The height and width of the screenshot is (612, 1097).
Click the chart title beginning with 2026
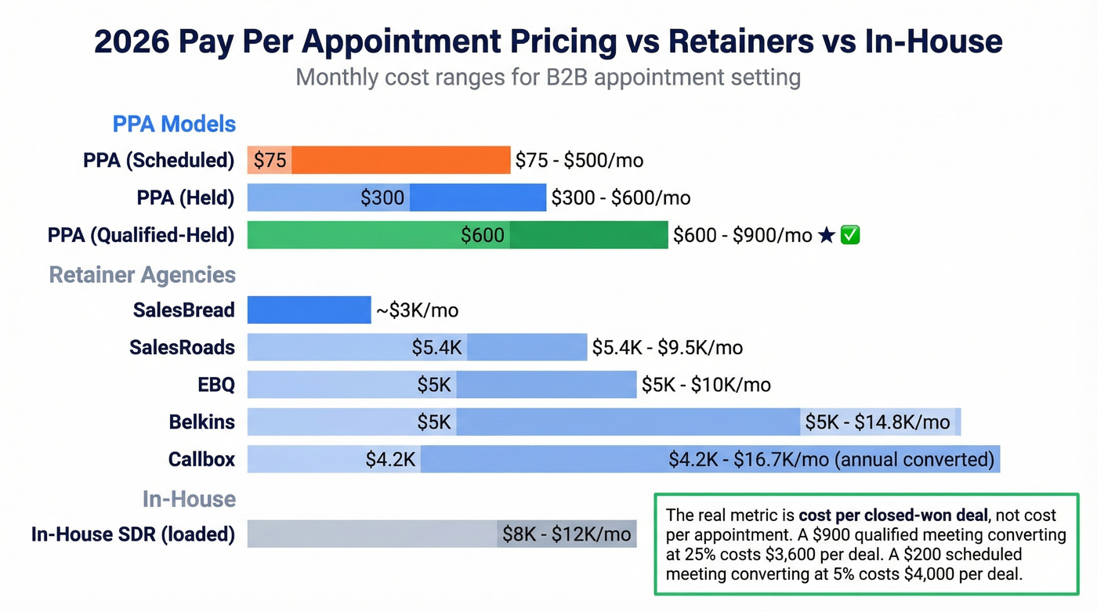(548, 41)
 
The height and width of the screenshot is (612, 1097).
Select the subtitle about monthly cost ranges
(548, 78)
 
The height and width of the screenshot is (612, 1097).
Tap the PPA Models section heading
(174, 124)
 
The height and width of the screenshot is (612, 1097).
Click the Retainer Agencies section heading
(142, 275)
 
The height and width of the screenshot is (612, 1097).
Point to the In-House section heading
(189, 499)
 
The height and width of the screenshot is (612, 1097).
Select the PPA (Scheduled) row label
(159, 161)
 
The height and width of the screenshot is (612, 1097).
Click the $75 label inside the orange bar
(270, 161)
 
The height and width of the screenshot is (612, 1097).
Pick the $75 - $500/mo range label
(579, 161)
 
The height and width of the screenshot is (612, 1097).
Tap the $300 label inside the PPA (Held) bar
(382, 198)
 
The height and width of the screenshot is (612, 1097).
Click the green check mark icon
(850, 235)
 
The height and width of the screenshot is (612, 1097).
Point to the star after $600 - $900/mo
(826, 235)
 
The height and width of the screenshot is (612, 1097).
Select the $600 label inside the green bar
(482, 235)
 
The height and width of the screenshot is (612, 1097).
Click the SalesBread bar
(309, 310)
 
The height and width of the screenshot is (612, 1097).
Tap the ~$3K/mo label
(417, 310)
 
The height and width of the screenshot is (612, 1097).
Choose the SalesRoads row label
(182, 347)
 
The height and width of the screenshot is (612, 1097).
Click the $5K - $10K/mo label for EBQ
(706, 385)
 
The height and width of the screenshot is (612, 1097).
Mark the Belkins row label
(201, 422)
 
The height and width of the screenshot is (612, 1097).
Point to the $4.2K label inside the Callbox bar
(390, 460)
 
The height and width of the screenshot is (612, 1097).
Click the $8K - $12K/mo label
(567, 534)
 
